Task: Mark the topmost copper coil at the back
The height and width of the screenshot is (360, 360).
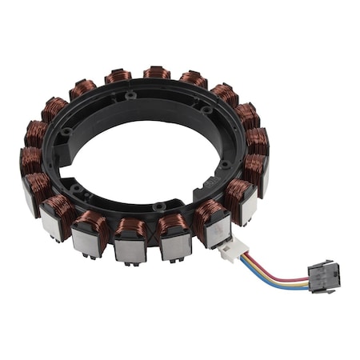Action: (x=157, y=74)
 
